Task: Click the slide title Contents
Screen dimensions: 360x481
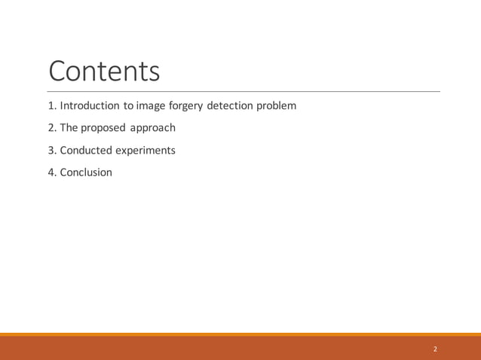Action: [x=104, y=71]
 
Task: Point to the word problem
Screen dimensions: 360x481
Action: [x=276, y=106]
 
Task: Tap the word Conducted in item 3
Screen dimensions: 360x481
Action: [x=86, y=150]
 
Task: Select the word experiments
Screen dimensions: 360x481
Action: [x=146, y=151]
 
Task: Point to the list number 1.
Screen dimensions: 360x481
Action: [x=51, y=105]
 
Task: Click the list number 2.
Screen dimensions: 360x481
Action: [x=51, y=128]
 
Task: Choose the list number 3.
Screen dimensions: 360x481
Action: [x=51, y=150]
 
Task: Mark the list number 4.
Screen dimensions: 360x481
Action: [x=51, y=172]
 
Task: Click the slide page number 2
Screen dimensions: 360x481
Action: [x=435, y=349]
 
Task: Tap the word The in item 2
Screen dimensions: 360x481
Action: [x=69, y=128]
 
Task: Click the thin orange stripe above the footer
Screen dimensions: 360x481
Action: [x=240, y=334]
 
